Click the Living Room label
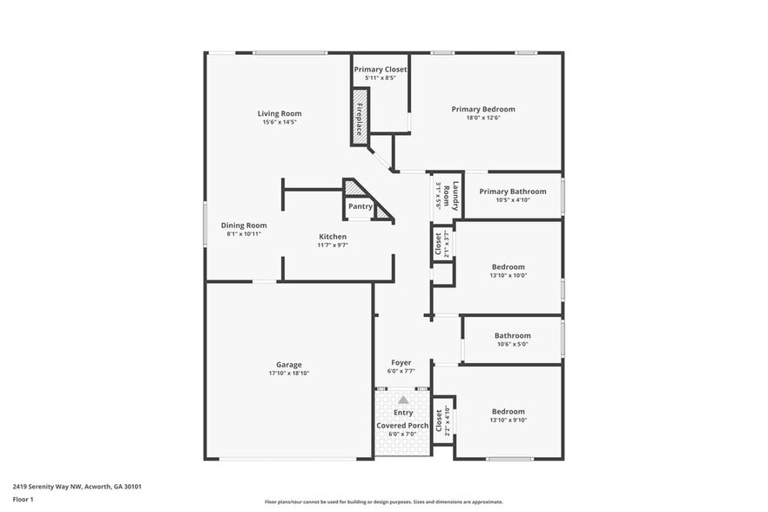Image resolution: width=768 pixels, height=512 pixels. [x=280, y=113]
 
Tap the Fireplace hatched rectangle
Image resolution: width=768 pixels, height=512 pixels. [x=358, y=114]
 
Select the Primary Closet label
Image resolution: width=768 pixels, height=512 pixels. [x=380, y=69]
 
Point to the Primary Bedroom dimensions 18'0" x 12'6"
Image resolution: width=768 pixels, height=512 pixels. [x=483, y=118]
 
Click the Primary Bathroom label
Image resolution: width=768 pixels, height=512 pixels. [x=513, y=192]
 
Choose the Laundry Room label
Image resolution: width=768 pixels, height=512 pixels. [x=450, y=195]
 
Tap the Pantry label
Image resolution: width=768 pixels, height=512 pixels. [x=360, y=206]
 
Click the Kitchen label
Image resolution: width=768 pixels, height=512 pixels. [x=333, y=237]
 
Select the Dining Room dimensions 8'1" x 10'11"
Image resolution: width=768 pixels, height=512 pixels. [x=244, y=233]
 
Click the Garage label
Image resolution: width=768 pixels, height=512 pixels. [x=289, y=365]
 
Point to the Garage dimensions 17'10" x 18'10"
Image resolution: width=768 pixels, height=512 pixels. [x=289, y=374]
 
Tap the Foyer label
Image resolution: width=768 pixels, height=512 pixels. [x=401, y=363]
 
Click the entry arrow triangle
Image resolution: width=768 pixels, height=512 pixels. [x=403, y=399]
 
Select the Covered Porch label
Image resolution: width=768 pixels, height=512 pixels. [x=402, y=426]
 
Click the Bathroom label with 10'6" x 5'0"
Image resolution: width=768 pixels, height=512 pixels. [x=512, y=335]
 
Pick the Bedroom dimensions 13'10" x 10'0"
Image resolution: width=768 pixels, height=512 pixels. [x=509, y=275]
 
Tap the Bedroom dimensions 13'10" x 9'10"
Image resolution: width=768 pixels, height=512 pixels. [x=509, y=421]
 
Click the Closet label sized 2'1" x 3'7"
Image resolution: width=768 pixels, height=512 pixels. [x=439, y=245]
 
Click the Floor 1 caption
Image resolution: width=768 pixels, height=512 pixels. [x=23, y=499]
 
